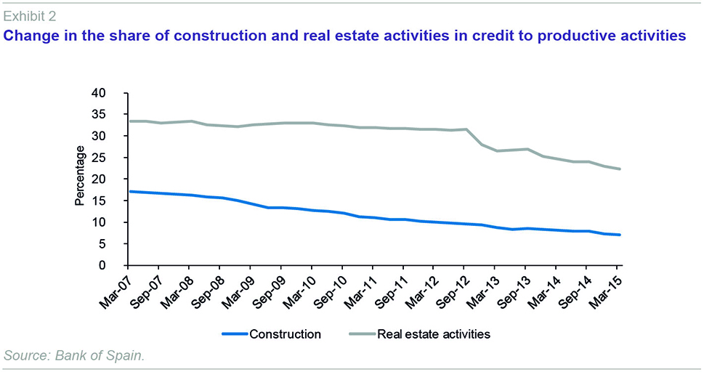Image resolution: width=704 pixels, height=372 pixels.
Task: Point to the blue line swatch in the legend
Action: pos(232,334)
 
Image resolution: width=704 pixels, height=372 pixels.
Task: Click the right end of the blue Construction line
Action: pos(618,235)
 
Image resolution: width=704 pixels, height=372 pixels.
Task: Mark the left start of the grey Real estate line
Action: pos(129,121)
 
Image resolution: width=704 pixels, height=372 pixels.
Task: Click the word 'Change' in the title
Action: pos(31,34)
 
